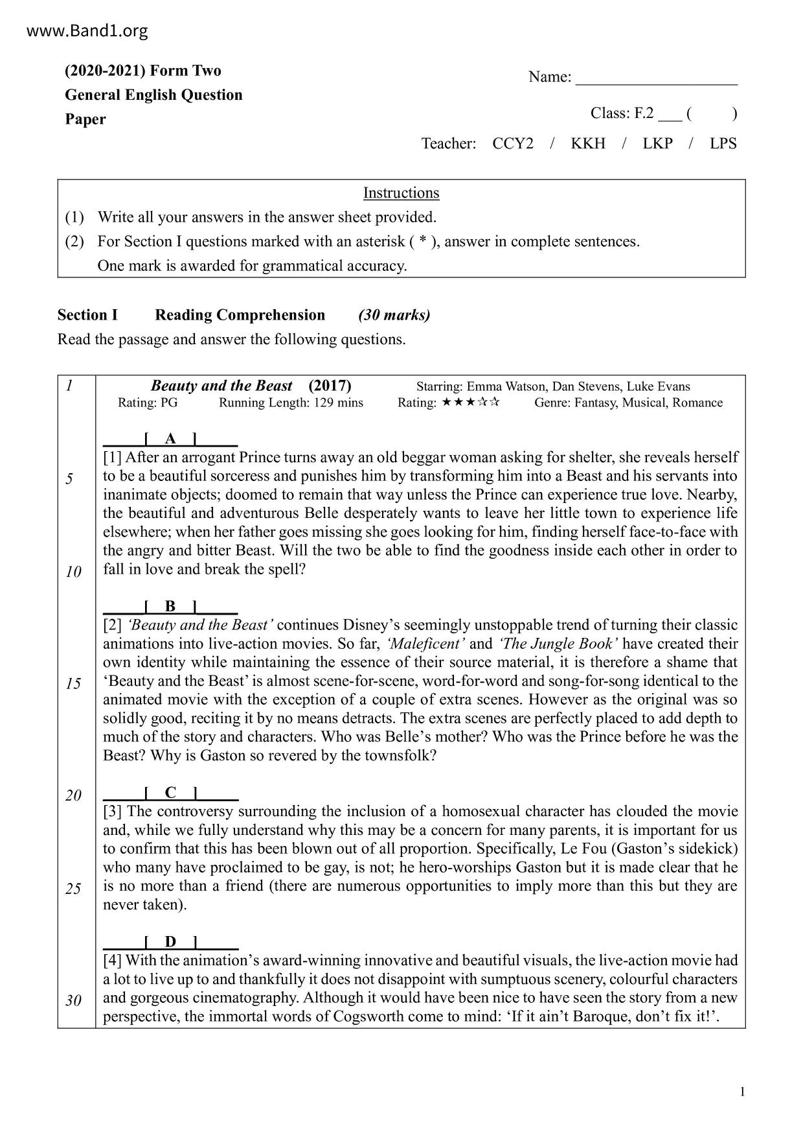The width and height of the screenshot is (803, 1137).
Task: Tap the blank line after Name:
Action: pos(656,79)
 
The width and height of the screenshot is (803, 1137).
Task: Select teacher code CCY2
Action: pos(513,143)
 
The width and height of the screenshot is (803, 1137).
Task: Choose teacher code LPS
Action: pos(723,143)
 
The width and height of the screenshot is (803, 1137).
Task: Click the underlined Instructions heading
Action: pos(401,193)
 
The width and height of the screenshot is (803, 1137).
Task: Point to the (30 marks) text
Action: pos(394,315)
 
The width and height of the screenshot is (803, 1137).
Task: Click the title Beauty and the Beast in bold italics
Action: pos(221,386)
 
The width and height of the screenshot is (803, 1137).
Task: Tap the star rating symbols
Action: pos(471,403)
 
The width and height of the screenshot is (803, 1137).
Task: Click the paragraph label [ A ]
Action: pos(170,439)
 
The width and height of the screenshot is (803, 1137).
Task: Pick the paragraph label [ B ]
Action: pos(170,606)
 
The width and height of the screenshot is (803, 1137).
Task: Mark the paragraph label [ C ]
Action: pos(170,792)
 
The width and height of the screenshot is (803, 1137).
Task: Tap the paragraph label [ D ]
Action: pos(170,942)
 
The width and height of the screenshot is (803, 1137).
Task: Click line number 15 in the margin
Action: pos(73,684)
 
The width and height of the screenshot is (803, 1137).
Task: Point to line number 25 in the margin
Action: pos(73,889)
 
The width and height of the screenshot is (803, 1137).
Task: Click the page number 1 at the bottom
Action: pos(742,1092)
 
